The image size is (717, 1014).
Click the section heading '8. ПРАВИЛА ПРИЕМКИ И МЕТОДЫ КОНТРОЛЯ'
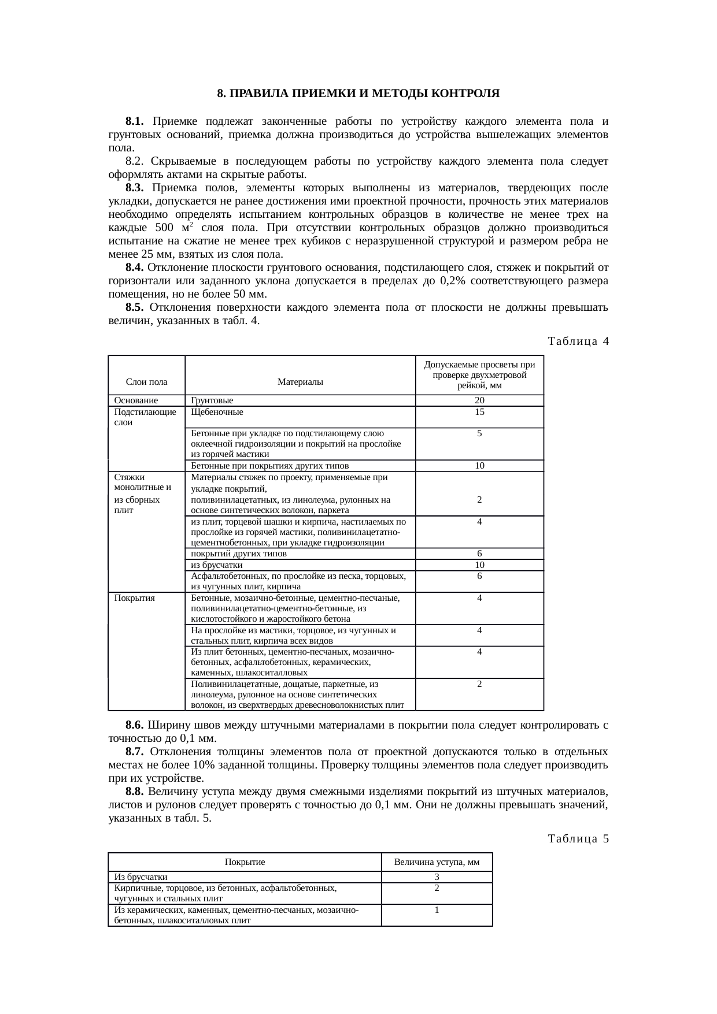tap(358, 94)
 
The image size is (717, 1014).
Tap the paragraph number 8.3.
tap(134, 188)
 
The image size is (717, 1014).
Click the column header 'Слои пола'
tap(146, 382)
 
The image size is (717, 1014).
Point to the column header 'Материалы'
tap(300, 382)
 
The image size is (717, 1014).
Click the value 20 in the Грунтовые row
tap(479, 400)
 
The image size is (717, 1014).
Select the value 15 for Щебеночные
tap(479, 412)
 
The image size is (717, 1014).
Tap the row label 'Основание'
tap(136, 400)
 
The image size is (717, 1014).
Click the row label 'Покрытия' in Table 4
tap(135, 598)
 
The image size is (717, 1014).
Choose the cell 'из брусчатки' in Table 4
tap(217, 565)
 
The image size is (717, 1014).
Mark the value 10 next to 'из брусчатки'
tap(479, 565)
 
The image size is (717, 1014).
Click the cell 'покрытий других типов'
tap(238, 554)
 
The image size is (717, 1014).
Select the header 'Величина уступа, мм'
tap(437, 862)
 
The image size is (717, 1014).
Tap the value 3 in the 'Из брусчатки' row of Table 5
tap(437, 877)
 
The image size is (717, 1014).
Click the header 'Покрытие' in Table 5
tap(245, 862)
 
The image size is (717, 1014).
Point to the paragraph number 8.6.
tap(134, 725)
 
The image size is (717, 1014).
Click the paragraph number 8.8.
tap(134, 791)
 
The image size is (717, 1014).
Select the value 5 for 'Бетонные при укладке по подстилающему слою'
tap(479, 433)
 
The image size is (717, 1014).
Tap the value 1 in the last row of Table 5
tap(437, 910)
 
